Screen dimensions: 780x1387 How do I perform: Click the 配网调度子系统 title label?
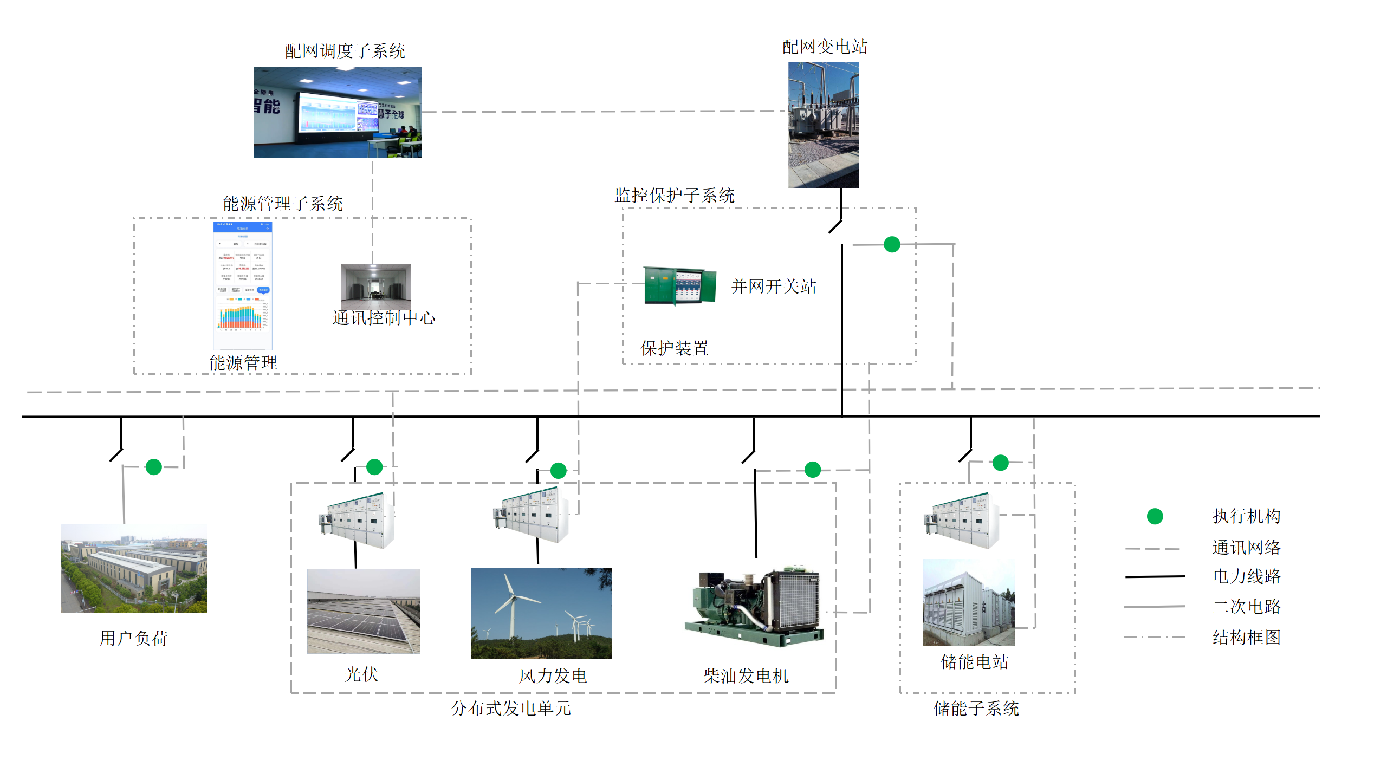coord(345,51)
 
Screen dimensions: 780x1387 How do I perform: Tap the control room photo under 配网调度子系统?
coord(337,112)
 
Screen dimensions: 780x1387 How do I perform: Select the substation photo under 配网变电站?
coord(823,125)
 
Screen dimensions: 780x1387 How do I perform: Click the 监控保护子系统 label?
coord(674,196)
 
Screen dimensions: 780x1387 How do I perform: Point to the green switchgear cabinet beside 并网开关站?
coord(679,286)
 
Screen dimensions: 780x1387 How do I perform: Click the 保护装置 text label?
coord(674,348)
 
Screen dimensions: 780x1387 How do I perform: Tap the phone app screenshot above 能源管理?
coord(243,285)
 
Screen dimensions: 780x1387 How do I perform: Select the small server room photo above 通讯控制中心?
coord(375,286)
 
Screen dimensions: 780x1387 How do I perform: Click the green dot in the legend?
coord(1155,516)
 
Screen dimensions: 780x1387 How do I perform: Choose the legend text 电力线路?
coord(1246,576)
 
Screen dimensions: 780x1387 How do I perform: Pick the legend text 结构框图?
coord(1246,638)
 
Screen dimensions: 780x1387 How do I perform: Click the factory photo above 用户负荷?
coord(134,568)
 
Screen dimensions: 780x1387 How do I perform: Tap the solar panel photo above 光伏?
coord(364,611)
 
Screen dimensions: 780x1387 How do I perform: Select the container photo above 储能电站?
coord(969,602)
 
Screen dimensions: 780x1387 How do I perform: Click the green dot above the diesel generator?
coord(812,470)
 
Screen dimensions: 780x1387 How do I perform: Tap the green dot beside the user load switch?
coord(154,467)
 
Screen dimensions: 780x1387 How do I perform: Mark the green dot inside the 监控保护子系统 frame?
coord(892,244)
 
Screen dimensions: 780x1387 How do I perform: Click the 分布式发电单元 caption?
coord(511,708)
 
